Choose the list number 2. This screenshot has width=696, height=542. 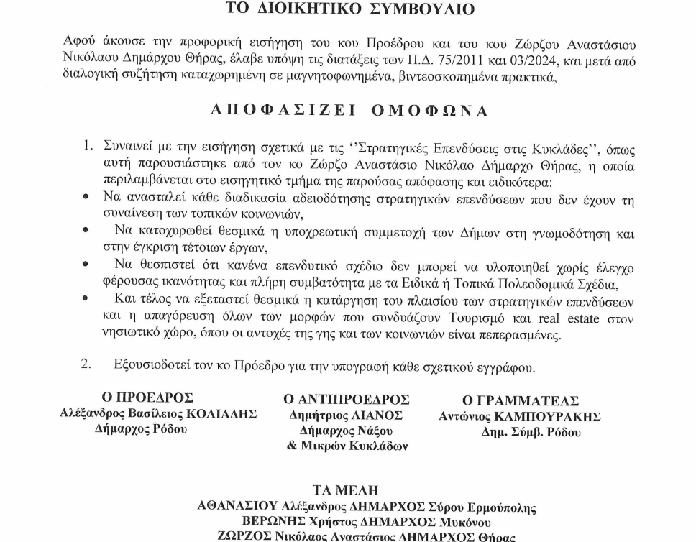click(x=86, y=364)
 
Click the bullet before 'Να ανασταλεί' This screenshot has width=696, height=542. click(x=86, y=196)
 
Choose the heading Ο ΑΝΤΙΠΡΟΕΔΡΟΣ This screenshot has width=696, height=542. click(x=347, y=399)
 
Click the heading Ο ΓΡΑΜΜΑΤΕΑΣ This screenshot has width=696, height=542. click(x=520, y=401)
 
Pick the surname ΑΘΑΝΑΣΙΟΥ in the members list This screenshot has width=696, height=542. click(x=238, y=506)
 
